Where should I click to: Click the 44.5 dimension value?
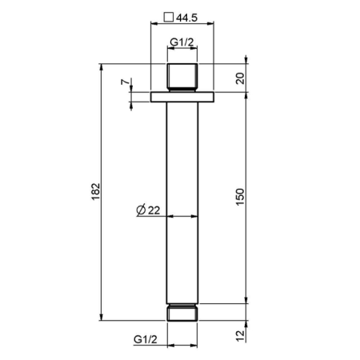[x=186, y=18]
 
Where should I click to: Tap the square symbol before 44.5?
[x=169, y=18]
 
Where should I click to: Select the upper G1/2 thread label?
[x=182, y=42]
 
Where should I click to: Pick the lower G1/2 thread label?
[x=146, y=339]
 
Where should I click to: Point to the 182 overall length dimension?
[x=95, y=191]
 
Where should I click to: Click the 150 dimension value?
[x=240, y=197]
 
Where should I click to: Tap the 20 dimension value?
[x=240, y=78]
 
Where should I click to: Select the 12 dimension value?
[x=240, y=336]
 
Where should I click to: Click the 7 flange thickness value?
[x=125, y=82]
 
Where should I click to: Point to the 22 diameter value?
[x=154, y=210]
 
